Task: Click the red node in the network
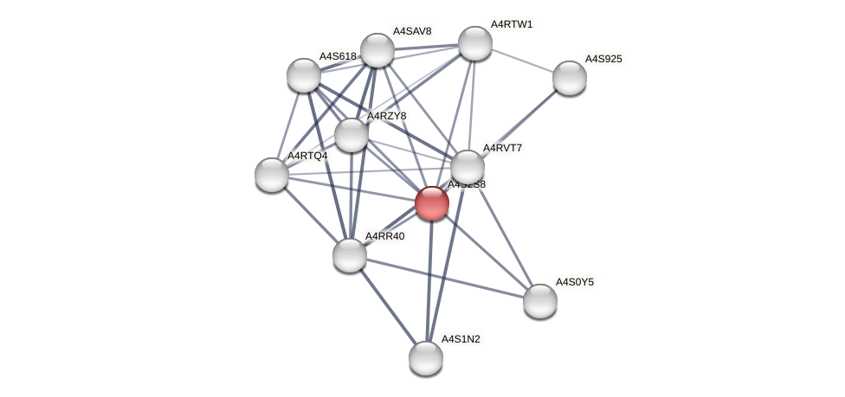coord(432,203)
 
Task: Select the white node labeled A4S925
coord(569,78)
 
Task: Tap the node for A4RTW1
coord(475,43)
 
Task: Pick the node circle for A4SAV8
coord(377,50)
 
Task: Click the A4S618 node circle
coord(304,75)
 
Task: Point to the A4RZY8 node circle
coord(352,135)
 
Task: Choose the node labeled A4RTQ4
coord(272,175)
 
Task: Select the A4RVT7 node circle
coord(468,167)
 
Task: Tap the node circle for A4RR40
coord(350,255)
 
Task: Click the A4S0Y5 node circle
coord(540,301)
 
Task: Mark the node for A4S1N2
coord(426,358)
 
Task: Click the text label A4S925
coord(603,59)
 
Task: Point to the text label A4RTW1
coord(512,24)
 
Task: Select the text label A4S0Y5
coord(574,282)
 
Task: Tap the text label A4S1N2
coord(461,339)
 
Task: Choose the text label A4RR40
coord(384,236)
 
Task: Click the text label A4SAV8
coord(412,31)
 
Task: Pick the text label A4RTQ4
coord(307,156)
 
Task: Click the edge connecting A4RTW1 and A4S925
coord(522,61)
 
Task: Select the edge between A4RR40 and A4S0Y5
coord(445,278)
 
